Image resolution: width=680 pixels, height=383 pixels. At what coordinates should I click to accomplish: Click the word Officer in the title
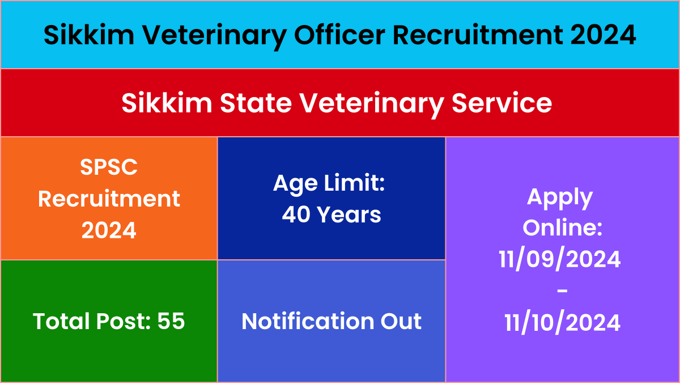(339, 35)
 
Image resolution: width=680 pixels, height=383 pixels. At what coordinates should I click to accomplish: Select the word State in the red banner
(256, 103)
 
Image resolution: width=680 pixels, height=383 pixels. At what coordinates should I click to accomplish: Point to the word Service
(501, 103)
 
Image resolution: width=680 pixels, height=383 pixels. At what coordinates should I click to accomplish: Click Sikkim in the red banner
(167, 103)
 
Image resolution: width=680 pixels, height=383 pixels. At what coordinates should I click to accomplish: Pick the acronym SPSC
(109, 167)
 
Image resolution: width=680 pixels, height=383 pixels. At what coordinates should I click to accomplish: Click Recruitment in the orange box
(109, 199)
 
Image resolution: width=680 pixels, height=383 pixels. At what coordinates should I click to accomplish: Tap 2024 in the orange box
(109, 230)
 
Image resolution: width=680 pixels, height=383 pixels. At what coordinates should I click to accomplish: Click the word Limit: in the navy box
(354, 183)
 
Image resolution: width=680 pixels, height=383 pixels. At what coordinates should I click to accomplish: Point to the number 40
(296, 214)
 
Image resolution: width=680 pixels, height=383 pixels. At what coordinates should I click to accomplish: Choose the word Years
(349, 214)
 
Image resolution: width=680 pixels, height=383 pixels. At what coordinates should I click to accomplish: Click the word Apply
(560, 198)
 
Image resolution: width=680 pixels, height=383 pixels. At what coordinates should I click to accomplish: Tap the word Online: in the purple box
(562, 228)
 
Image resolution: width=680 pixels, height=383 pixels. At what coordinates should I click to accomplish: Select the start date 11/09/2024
(559, 259)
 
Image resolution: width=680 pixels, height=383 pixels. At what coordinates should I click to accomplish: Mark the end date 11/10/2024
(562, 322)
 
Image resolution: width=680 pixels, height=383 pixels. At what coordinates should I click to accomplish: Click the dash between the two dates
(562, 291)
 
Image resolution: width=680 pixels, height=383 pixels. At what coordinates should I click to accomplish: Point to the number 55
(171, 321)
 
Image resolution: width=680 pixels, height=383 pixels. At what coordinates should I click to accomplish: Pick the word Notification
(308, 321)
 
